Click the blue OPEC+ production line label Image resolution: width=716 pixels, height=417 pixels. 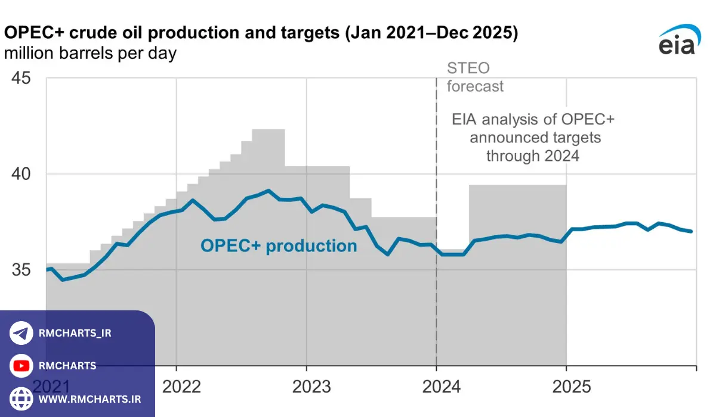click(279, 245)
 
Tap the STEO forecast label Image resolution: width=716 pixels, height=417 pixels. click(475, 77)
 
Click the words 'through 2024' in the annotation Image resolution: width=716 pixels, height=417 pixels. click(533, 156)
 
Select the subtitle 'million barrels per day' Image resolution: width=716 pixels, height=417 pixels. click(90, 54)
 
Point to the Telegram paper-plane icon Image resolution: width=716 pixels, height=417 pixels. click(21, 334)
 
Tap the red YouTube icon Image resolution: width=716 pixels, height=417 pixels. click(21, 366)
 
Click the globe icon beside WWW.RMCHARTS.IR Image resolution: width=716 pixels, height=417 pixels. click(21, 398)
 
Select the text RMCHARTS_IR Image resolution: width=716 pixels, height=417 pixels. click(75, 334)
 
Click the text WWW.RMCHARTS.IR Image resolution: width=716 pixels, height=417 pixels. click(90, 399)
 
